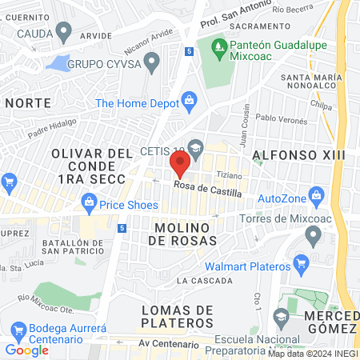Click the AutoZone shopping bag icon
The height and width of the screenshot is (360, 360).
point(317,195)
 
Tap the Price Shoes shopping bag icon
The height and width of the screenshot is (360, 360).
point(87,203)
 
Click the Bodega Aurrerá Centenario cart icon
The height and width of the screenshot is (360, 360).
point(18,330)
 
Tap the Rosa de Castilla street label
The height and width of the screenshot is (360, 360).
point(208,189)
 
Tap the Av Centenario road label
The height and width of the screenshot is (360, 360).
point(168,344)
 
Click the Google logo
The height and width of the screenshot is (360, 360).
point(26,350)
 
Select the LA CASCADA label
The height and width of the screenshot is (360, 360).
point(205,281)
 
